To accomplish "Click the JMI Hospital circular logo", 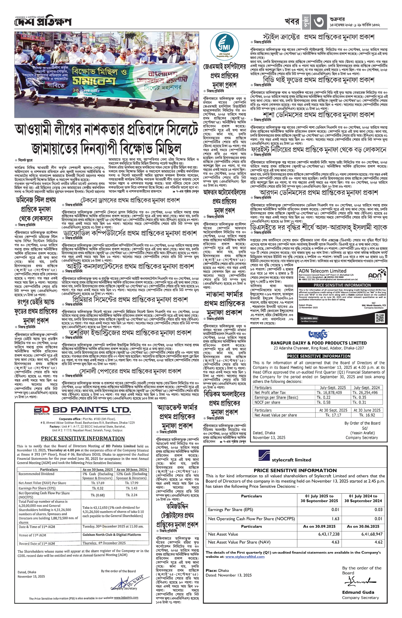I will click(225, 45).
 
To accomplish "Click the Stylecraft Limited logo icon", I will click(264, 456).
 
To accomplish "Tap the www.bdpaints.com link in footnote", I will click(126, 598).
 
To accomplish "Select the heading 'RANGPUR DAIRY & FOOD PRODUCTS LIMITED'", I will click(319, 343).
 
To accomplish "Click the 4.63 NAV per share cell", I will click(335, 542).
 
